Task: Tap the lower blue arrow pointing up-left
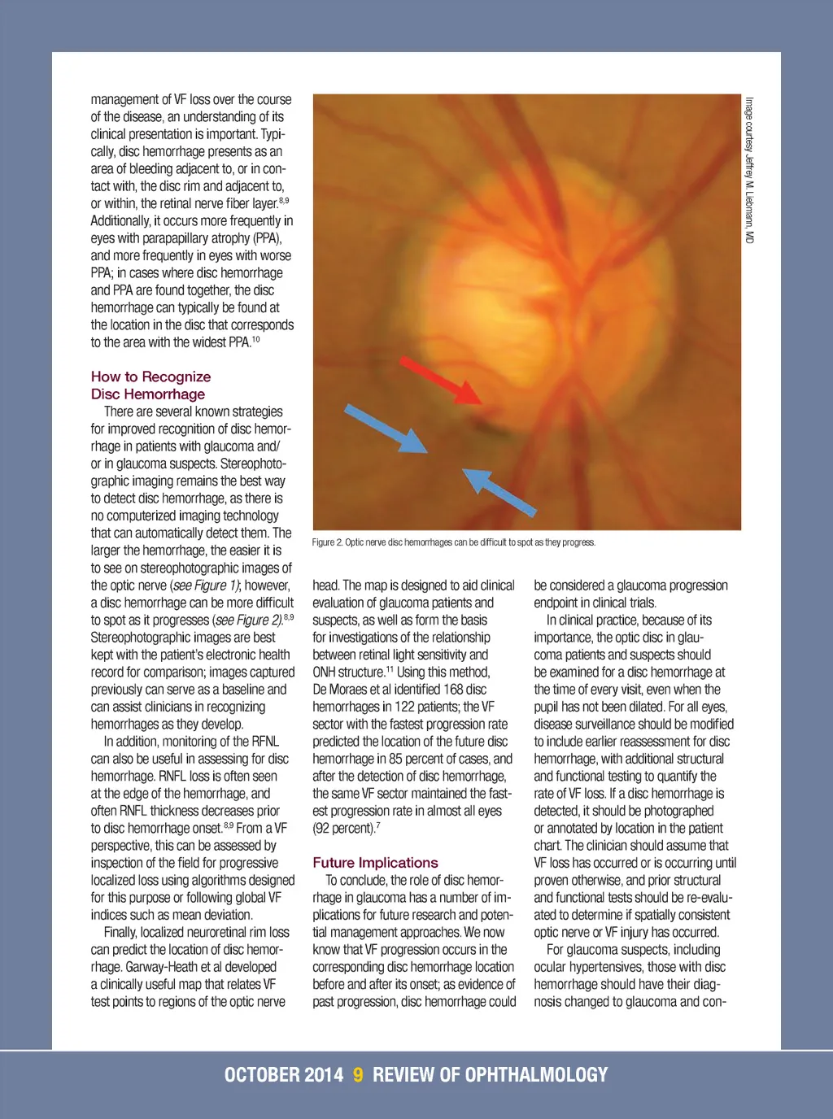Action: (499, 491)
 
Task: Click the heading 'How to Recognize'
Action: (150, 377)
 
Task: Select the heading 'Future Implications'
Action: (375, 863)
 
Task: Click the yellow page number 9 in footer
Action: (358, 1075)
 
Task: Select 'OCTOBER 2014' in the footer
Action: (284, 1075)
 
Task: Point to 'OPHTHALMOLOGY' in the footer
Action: (536, 1075)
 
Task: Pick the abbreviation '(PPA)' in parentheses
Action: (265, 238)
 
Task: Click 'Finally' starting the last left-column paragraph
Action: (121, 932)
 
